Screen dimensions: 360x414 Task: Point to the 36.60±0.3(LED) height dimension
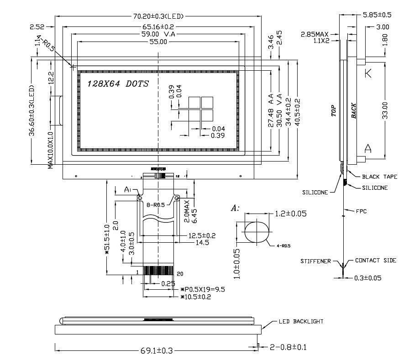[32, 110]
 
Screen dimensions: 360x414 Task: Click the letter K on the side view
[368, 73]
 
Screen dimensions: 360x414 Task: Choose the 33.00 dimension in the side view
[386, 110]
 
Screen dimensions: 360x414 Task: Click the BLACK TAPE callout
[379, 177]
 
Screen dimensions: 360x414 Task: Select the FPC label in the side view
[361, 211]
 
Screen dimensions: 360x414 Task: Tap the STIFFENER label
[315, 261]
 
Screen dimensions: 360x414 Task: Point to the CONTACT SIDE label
[375, 261]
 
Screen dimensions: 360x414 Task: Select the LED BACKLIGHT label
[301, 322]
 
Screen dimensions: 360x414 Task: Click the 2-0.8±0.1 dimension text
[288, 347]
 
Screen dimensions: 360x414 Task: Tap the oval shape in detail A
[257, 231]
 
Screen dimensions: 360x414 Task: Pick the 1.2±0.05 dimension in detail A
[290, 214]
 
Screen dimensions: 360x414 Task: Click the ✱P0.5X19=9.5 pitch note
[203, 289]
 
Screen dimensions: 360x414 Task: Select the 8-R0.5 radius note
[155, 205]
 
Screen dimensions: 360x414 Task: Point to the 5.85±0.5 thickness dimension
[377, 15]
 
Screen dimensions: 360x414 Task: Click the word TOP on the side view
[333, 111]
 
